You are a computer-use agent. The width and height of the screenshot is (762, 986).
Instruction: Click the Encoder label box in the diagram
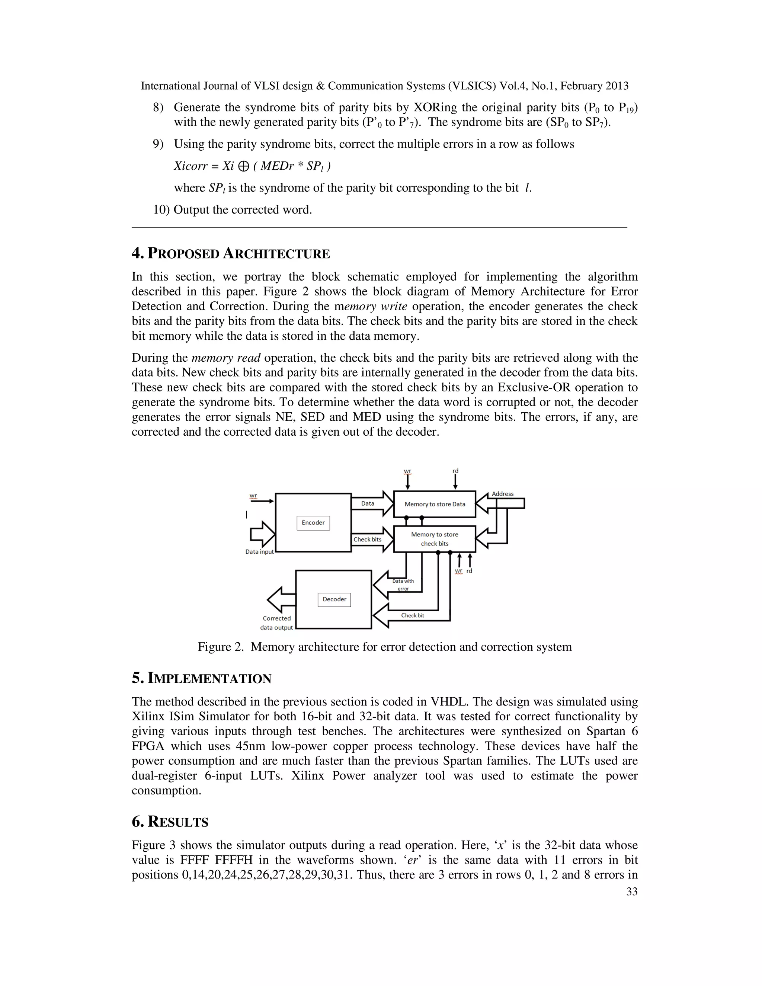coord(313,522)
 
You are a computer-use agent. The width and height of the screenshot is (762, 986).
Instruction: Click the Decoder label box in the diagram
coord(334,599)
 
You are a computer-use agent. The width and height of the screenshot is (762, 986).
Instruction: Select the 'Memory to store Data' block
coord(434,504)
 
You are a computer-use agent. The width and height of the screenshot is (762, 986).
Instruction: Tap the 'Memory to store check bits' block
coord(434,539)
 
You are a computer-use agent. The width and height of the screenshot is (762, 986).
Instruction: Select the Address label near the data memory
coord(502,493)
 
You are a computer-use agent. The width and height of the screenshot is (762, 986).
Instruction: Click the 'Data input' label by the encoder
coord(260,552)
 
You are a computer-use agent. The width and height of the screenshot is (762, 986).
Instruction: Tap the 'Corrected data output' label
coord(277,622)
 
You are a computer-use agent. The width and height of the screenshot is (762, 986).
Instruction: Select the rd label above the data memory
coord(455,471)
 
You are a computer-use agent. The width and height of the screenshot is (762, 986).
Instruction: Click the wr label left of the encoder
coord(253,495)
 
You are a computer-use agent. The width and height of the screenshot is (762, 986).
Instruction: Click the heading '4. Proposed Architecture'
coord(231,254)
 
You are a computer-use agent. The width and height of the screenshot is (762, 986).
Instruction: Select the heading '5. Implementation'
coord(201,679)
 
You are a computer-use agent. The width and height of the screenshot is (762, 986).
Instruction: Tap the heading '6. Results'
coord(170,822)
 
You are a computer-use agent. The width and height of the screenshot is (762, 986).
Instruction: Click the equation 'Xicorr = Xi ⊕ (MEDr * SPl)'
coord(252,166)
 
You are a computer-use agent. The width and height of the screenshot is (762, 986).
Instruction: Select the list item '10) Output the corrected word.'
coord(233,210)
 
